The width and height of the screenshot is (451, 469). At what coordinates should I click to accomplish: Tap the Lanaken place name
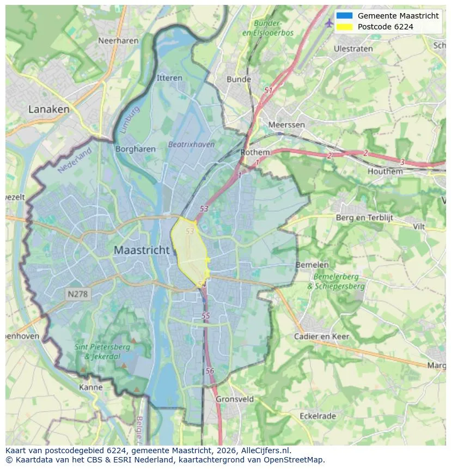(49, 109)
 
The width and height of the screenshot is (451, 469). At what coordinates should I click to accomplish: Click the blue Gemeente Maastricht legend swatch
(345, 16)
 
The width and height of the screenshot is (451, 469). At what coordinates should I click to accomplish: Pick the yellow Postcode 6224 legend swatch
(345, 27)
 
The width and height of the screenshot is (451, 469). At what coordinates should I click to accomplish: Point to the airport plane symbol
(328, 23)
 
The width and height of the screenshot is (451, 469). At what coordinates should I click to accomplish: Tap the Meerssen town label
(287, 125)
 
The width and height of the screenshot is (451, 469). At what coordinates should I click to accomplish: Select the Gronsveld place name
(235, 399)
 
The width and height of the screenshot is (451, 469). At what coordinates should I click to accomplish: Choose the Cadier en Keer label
(321, 336)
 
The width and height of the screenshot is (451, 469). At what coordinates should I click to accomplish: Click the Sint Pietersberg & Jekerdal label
(102, 351)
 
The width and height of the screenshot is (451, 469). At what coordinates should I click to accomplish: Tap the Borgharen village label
(136, 149)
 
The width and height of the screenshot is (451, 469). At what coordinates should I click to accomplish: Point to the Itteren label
(169, 78)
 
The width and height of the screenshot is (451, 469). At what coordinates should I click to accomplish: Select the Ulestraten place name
(353, 48)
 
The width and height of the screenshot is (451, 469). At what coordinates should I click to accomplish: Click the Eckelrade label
(318, 416)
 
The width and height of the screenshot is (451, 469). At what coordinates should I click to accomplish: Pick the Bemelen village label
(312, 265)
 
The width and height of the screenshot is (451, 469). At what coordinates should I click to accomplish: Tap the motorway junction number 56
(210, 370)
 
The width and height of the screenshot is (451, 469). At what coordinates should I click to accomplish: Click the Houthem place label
(385, 171)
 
